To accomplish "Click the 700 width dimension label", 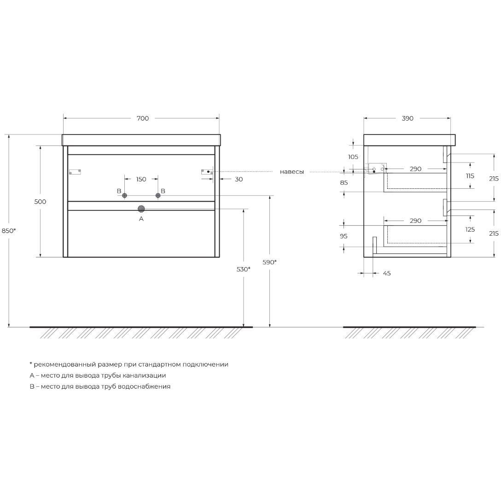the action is pos(143,118).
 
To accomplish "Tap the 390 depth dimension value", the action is pos(408,118).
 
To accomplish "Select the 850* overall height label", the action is pos(9,230).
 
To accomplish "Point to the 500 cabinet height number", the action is pos(40,202).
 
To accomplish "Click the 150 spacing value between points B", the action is pos(141,179).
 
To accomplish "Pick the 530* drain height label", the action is pos(244,269).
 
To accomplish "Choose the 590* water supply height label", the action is pos(270,262).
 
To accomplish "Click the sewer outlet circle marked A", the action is pos(141,209).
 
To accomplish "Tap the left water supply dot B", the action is pos(125,196).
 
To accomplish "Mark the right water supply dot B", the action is pos(158,196).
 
